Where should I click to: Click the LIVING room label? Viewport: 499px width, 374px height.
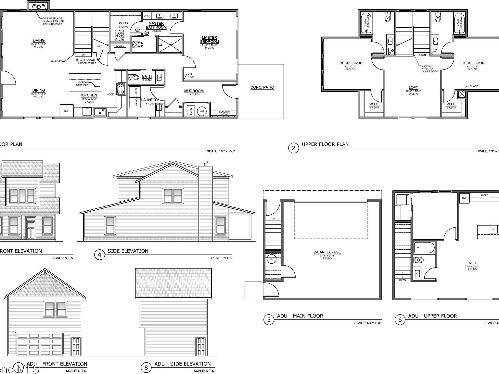(39, 40)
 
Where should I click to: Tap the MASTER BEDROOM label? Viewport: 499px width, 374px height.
(210, 40)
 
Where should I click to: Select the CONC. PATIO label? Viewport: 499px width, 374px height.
(262, 87)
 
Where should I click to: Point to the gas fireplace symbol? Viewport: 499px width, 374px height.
(39, 6)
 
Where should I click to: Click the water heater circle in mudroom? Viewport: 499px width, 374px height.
(202, 111)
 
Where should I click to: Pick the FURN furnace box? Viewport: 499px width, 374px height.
(191, 111)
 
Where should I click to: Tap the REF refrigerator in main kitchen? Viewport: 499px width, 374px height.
(66, 111)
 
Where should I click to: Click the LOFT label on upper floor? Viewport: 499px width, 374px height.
(413, 87)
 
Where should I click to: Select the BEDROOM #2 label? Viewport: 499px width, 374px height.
(351, 63)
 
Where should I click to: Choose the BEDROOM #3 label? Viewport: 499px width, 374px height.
(473, 63)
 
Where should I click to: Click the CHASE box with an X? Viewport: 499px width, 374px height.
(462, 94)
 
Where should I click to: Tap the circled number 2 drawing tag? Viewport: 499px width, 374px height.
(293, 148)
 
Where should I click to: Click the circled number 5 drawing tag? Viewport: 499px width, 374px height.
(269, 320)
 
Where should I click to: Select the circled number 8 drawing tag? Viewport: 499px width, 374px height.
(146, 368)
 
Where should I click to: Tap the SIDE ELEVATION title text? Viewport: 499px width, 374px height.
(128, 251)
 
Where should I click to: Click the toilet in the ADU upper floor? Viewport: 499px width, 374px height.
(419, 260)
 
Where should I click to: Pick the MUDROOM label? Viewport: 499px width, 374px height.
(194, 91)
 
